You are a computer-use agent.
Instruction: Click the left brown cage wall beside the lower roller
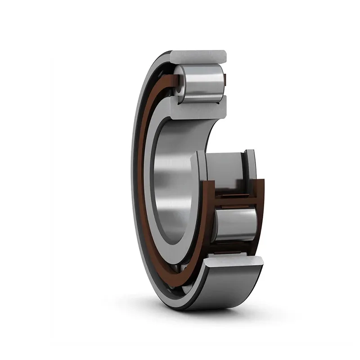point(208,216)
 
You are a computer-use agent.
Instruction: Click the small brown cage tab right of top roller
point(225,81)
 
